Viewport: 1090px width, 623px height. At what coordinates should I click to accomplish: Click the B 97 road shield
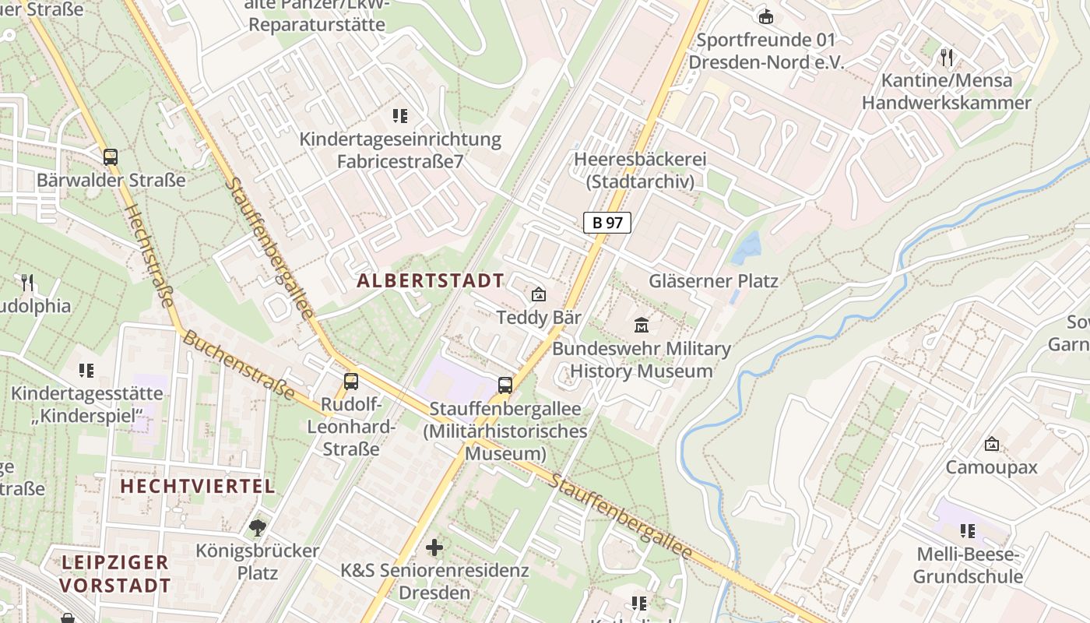607,223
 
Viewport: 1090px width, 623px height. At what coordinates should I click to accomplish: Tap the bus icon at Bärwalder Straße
111,157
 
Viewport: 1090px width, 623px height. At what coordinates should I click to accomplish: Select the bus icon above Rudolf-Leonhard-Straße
351,381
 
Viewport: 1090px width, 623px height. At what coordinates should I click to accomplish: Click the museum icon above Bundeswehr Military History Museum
642,325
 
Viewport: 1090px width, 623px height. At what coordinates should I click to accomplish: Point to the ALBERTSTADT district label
431,281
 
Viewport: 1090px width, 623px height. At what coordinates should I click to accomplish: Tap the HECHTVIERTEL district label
198,487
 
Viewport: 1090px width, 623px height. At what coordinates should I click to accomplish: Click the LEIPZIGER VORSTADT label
115,574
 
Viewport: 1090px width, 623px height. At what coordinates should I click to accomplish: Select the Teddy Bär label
539,318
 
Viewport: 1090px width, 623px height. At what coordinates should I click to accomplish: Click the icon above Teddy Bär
538,294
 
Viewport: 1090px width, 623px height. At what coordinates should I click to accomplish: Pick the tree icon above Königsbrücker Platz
258,528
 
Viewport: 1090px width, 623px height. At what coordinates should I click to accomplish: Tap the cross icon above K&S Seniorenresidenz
434,547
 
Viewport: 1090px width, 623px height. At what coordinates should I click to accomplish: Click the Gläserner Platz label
713,281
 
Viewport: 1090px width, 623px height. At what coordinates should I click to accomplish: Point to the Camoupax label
991,467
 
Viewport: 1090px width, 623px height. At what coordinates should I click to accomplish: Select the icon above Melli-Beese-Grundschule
968,531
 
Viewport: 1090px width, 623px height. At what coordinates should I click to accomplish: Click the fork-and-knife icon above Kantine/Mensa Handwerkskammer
946,57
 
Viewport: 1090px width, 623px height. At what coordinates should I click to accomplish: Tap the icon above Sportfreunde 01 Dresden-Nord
766,16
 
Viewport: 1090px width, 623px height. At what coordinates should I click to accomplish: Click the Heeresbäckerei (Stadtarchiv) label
640,171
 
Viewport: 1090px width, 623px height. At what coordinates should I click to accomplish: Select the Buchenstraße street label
238,365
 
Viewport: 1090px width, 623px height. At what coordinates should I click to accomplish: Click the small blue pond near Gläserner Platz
747,249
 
